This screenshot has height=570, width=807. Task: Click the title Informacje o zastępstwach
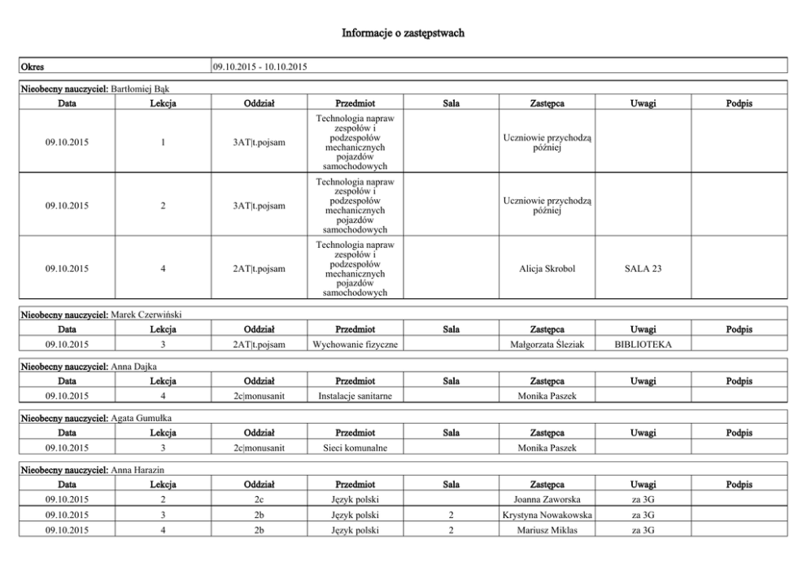(403, 33)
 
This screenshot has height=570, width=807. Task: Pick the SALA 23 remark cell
(643, 269)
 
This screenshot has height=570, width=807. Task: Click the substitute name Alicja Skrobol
(547, 269)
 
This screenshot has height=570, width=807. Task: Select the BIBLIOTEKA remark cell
(643, 345)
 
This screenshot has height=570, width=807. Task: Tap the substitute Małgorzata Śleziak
(547, 345)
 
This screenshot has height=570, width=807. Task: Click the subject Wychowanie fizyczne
(355, 345)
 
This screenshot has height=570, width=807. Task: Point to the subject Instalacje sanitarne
(355, 396)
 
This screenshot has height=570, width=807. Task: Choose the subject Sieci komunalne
(355, 448)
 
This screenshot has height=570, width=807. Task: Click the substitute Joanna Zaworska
(547, 499)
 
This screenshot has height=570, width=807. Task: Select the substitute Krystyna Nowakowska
(547, 515)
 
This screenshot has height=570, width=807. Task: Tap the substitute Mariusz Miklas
(547, 530)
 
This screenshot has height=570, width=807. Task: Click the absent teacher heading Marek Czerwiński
(145, 315)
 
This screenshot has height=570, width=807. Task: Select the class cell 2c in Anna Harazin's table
(259, 499)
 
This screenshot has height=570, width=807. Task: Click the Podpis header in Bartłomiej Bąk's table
(739, 103)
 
